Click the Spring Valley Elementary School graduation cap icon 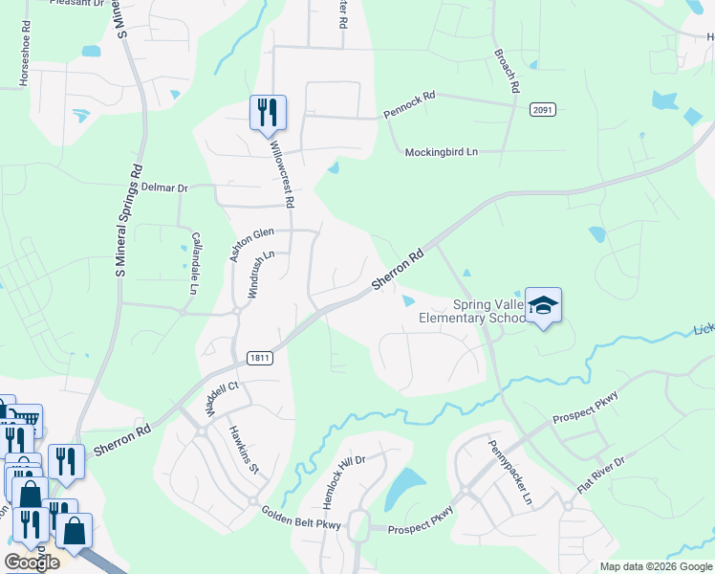point(543,306)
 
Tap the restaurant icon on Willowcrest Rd point(268,112)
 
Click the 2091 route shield point(543,110)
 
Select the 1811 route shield point(259,358)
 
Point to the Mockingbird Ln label point(441,152)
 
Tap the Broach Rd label point(507,72)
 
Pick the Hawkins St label point(243,449)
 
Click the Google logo point(32,563)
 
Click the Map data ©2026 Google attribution point(656,565)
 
